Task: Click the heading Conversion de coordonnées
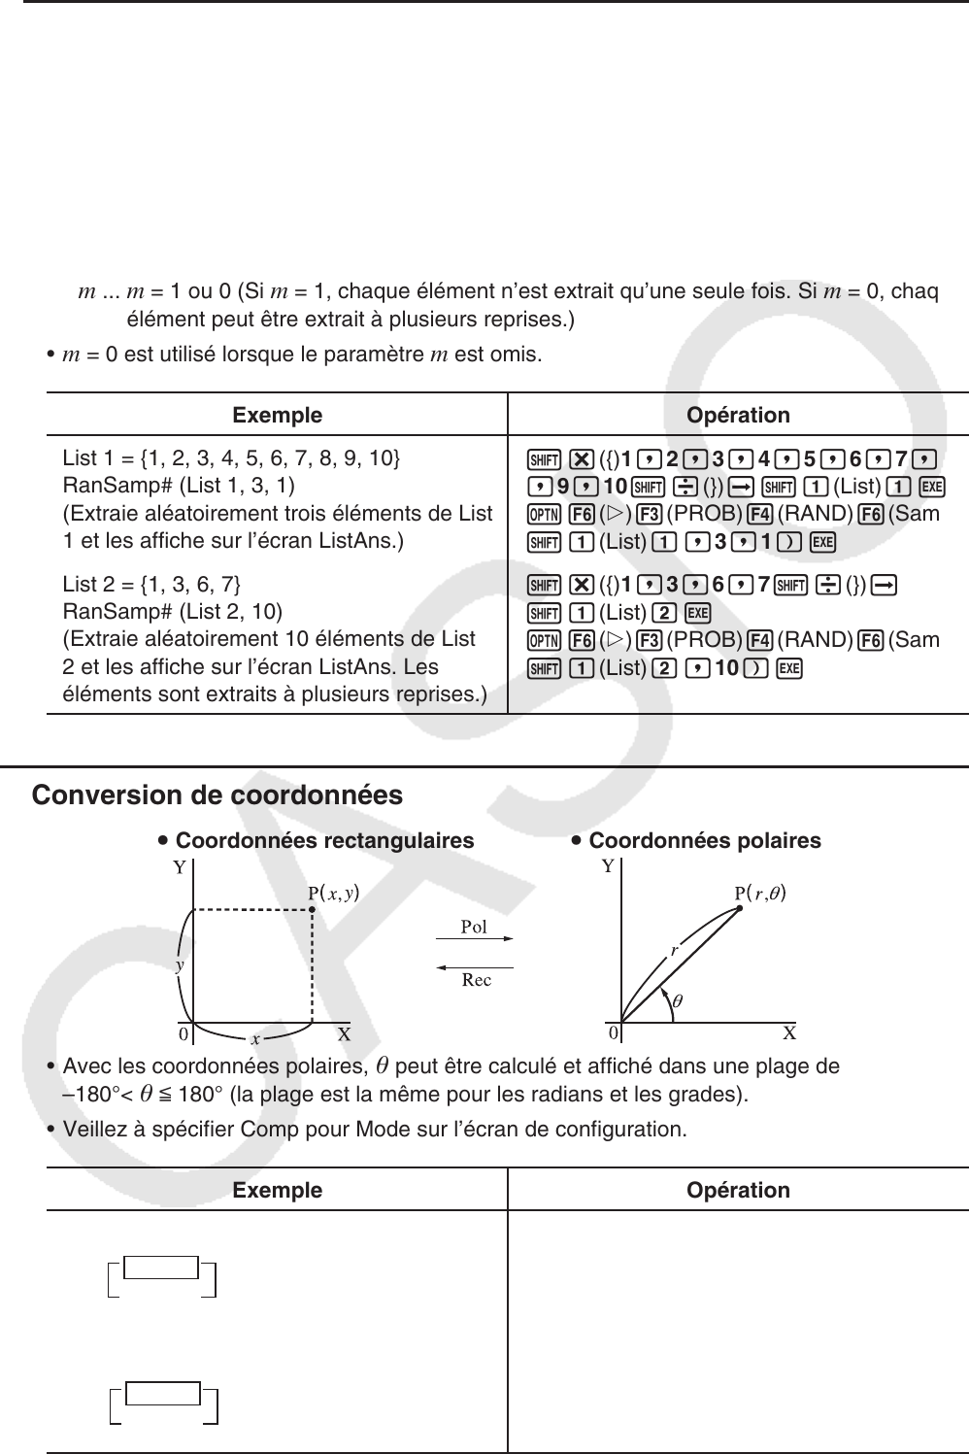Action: tap(217, 795)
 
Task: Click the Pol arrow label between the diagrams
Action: tap(474, 928)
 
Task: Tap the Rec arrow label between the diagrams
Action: tap(476, 980)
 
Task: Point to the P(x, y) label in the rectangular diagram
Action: tap(334, 894)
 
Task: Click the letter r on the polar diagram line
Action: tap(674, 951)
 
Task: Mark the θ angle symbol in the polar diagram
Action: tap(678, 999)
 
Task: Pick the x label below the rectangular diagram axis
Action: tap(254, 1039)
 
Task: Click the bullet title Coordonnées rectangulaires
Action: tap(324, 840)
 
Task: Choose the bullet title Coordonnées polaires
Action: tap(704, 840)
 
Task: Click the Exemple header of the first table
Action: tap(277, 415)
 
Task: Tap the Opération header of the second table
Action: tap(738, 1190)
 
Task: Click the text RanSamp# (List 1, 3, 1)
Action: tap(179, 485)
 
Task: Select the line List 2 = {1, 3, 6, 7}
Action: tap(151, 584)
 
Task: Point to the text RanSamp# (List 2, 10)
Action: tap(172, 611)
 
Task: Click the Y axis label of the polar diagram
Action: tap(608, 866)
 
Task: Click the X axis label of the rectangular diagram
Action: tap(344, 1033)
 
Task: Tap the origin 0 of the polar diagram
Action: tap(614, 1032)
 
